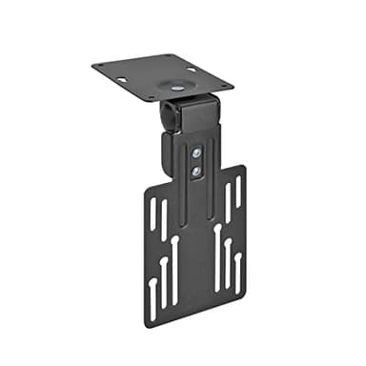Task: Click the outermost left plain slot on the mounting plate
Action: click(152, 213)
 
